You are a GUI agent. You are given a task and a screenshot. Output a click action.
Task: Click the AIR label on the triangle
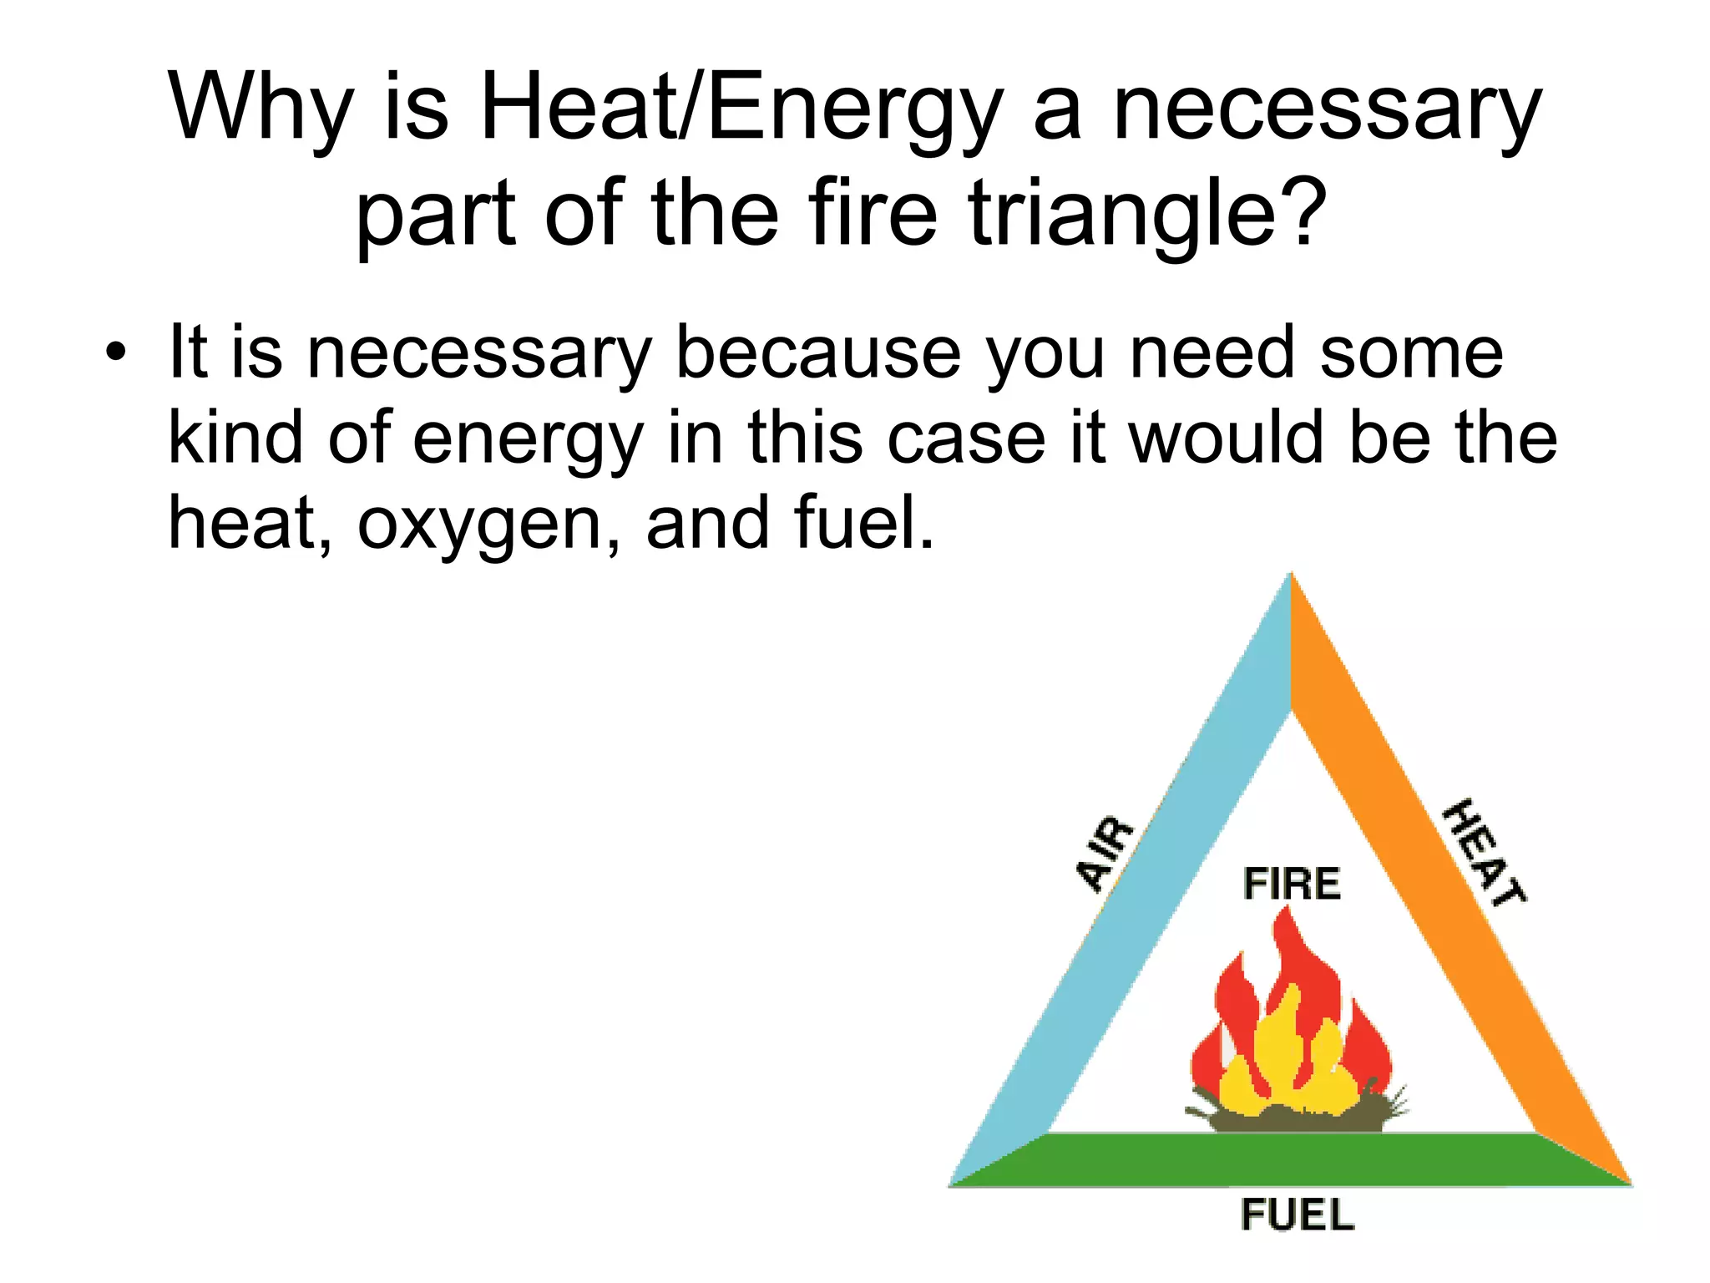[x=1104, y=854]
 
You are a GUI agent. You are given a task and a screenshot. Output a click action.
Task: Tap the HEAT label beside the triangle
[x=1485, y=852]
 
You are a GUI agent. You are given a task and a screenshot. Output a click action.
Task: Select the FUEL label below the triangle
[x=1297, y=1215]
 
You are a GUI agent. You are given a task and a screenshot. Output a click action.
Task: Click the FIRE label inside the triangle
[x=1292, y=884]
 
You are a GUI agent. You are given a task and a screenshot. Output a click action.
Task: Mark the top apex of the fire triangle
[x=1291, y=578]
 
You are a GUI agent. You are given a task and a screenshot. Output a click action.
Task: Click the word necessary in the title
[x=1328, y=109]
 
